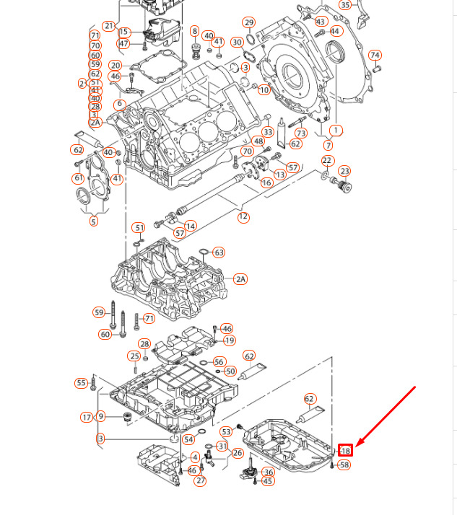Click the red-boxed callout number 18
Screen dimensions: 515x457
point(345,451)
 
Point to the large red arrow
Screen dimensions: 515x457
point(386,418)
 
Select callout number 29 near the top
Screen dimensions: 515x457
point(249,22)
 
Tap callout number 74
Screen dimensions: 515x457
point(375,56)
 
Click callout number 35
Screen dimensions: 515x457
point(345,5)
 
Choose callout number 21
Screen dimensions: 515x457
point(109,26)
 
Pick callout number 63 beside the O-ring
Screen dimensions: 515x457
point(219,252)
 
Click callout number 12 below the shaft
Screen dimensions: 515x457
point(243,216)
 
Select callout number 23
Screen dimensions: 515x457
point(345,171)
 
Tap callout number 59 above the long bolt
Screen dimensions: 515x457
point(100,312)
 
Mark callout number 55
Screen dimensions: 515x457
point(81,383)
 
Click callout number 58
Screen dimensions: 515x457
point(344,465)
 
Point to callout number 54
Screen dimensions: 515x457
point(188,439)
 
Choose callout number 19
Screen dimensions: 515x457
point(230,340)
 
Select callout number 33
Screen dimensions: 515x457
point(268,132)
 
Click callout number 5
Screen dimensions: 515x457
point(94,221)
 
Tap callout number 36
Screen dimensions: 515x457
point(269,472)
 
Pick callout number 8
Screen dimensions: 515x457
point(195,31)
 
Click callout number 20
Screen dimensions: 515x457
point(115,66)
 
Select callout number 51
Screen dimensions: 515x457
point(139,228)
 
